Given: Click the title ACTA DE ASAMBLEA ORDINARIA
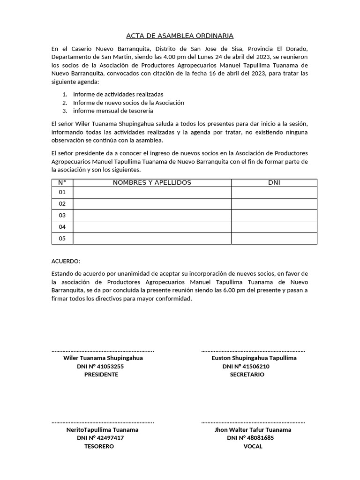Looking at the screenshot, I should click(180, 36).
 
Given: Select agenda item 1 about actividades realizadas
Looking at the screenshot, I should click(118, 94).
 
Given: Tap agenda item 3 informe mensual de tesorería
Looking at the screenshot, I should click(112, 111).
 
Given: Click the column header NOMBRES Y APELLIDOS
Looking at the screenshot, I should click(152, 182).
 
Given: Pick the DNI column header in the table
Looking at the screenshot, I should click(274, 182).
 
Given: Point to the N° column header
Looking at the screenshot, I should click(62, 182).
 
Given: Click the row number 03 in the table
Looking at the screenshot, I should click(62, 215).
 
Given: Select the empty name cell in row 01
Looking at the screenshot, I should click(152, 192).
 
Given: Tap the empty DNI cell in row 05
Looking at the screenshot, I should click(274, 238).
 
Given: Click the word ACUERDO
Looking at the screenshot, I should click(66, 261).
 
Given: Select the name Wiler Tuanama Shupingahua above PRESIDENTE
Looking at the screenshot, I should click(103, 358).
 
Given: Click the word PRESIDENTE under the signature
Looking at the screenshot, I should click(101, 375).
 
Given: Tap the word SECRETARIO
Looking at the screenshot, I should click(247, 375).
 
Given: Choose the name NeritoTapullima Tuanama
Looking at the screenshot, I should click(102, 429).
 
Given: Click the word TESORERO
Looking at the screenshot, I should click(99, 446).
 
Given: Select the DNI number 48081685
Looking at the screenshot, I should click(259, 438).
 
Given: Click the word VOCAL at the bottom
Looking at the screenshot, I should click(253, 446).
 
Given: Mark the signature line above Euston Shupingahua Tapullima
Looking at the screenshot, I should click(253, 351).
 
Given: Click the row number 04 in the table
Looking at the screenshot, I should click(62, 227).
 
